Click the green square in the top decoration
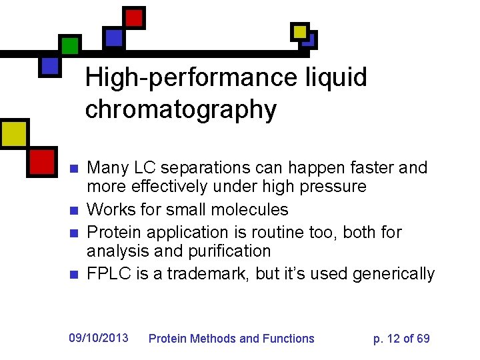(x=70, y=45)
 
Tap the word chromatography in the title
(x=180, y=109)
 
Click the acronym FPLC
(x=107, y=274)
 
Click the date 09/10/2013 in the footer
(x=98, y=338)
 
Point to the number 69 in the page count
(x=423, y=339)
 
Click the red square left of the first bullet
(x=42, y=161)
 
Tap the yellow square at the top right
(x=301, y=31)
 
